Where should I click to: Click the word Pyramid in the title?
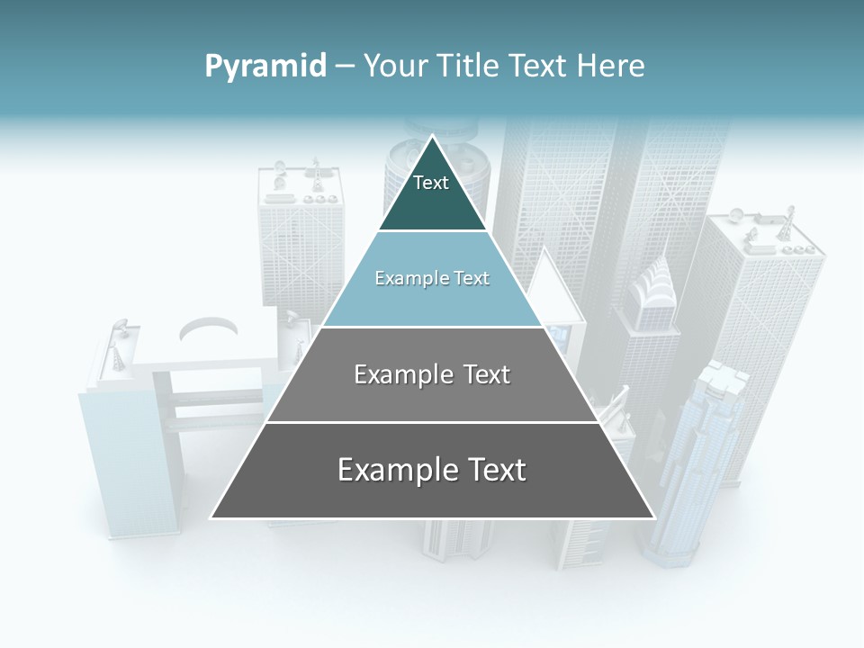click(265, 67)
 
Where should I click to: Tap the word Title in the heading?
click(470, 67)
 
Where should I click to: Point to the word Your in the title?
click(396, 67)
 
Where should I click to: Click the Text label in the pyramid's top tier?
click(431, 184)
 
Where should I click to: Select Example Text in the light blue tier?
click(432, 279)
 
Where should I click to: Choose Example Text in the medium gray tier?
click(432, 374)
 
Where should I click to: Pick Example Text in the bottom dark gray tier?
click(432, 470)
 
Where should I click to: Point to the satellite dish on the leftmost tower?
click(119, 326)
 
